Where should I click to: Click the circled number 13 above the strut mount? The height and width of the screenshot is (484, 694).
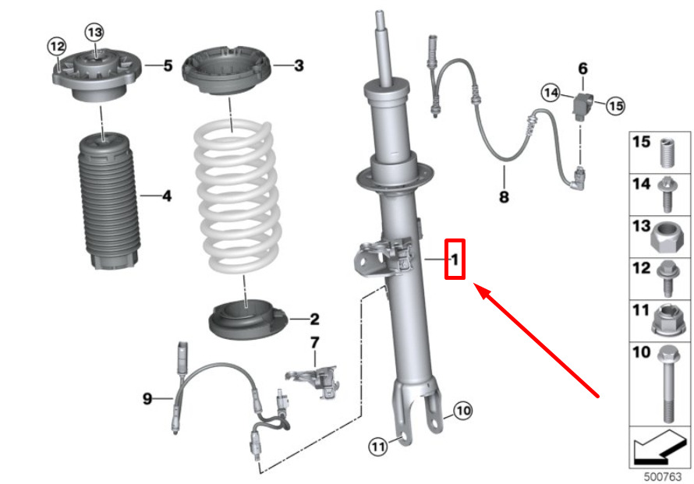[94, 32]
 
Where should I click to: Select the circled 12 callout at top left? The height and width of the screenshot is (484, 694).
[57, 46]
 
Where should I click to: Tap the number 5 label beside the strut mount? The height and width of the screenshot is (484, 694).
[168, 65]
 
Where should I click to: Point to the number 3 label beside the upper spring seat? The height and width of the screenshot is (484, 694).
[299, 65]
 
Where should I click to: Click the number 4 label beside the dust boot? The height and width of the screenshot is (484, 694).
[166, 196]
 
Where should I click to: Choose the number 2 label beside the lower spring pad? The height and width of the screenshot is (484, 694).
[314, 319]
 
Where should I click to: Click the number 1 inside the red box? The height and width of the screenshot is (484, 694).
[455, 260]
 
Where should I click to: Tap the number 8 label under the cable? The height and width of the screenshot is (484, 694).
[504, 196]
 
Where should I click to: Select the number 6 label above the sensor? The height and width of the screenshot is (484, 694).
[583, 69]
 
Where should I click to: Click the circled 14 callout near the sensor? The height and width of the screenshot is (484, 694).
[551, 93]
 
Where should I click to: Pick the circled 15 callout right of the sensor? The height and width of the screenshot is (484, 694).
[615, 106]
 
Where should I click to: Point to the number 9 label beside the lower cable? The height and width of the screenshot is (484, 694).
[147, 398]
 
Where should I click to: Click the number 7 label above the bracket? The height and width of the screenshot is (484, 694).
[314, 342]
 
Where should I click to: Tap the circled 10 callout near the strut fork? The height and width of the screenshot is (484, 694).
[463, 411]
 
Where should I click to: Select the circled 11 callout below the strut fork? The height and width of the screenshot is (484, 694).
[378, 447]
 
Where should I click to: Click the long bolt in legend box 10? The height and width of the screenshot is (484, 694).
[667, 383]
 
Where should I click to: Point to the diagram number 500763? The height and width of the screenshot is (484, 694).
[663, 476]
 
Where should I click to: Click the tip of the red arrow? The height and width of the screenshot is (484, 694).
[474, 284]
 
